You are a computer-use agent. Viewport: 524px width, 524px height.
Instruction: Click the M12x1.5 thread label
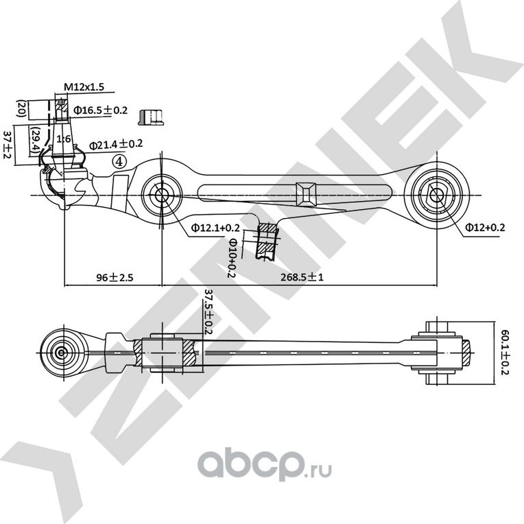click(84, 86)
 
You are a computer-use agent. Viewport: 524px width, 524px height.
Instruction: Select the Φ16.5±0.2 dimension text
click(100, 110)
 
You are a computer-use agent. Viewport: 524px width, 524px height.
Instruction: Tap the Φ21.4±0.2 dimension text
click(116, 144)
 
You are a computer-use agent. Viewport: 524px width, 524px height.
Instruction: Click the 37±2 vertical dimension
click(8, 143)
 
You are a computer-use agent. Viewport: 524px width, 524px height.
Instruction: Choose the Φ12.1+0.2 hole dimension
click(215, 228)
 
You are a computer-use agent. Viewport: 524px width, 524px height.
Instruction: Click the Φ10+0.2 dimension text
click(233, 257)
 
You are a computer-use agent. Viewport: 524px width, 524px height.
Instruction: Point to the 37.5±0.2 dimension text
click(209, 312)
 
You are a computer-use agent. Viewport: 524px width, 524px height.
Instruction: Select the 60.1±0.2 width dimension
click(505, 351)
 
